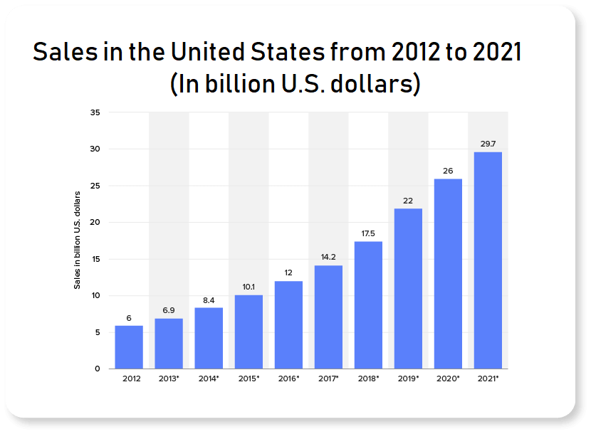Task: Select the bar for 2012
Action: (129, 347)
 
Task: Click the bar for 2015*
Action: (249, 332)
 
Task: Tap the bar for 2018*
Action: (368, 305)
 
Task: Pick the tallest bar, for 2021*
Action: (488, 260)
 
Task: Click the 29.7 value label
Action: (488, 144)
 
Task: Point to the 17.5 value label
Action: (368, 233)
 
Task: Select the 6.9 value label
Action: (169, 310)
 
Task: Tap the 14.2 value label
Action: (328, 258)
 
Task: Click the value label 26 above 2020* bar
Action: (448, 171)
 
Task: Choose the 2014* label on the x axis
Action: (209, 379)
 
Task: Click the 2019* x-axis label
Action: (408, 379)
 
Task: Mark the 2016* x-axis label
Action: (288, 379)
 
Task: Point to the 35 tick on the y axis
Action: (95, 112)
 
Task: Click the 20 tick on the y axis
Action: (95, 223)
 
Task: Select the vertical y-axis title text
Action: (78, 240)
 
